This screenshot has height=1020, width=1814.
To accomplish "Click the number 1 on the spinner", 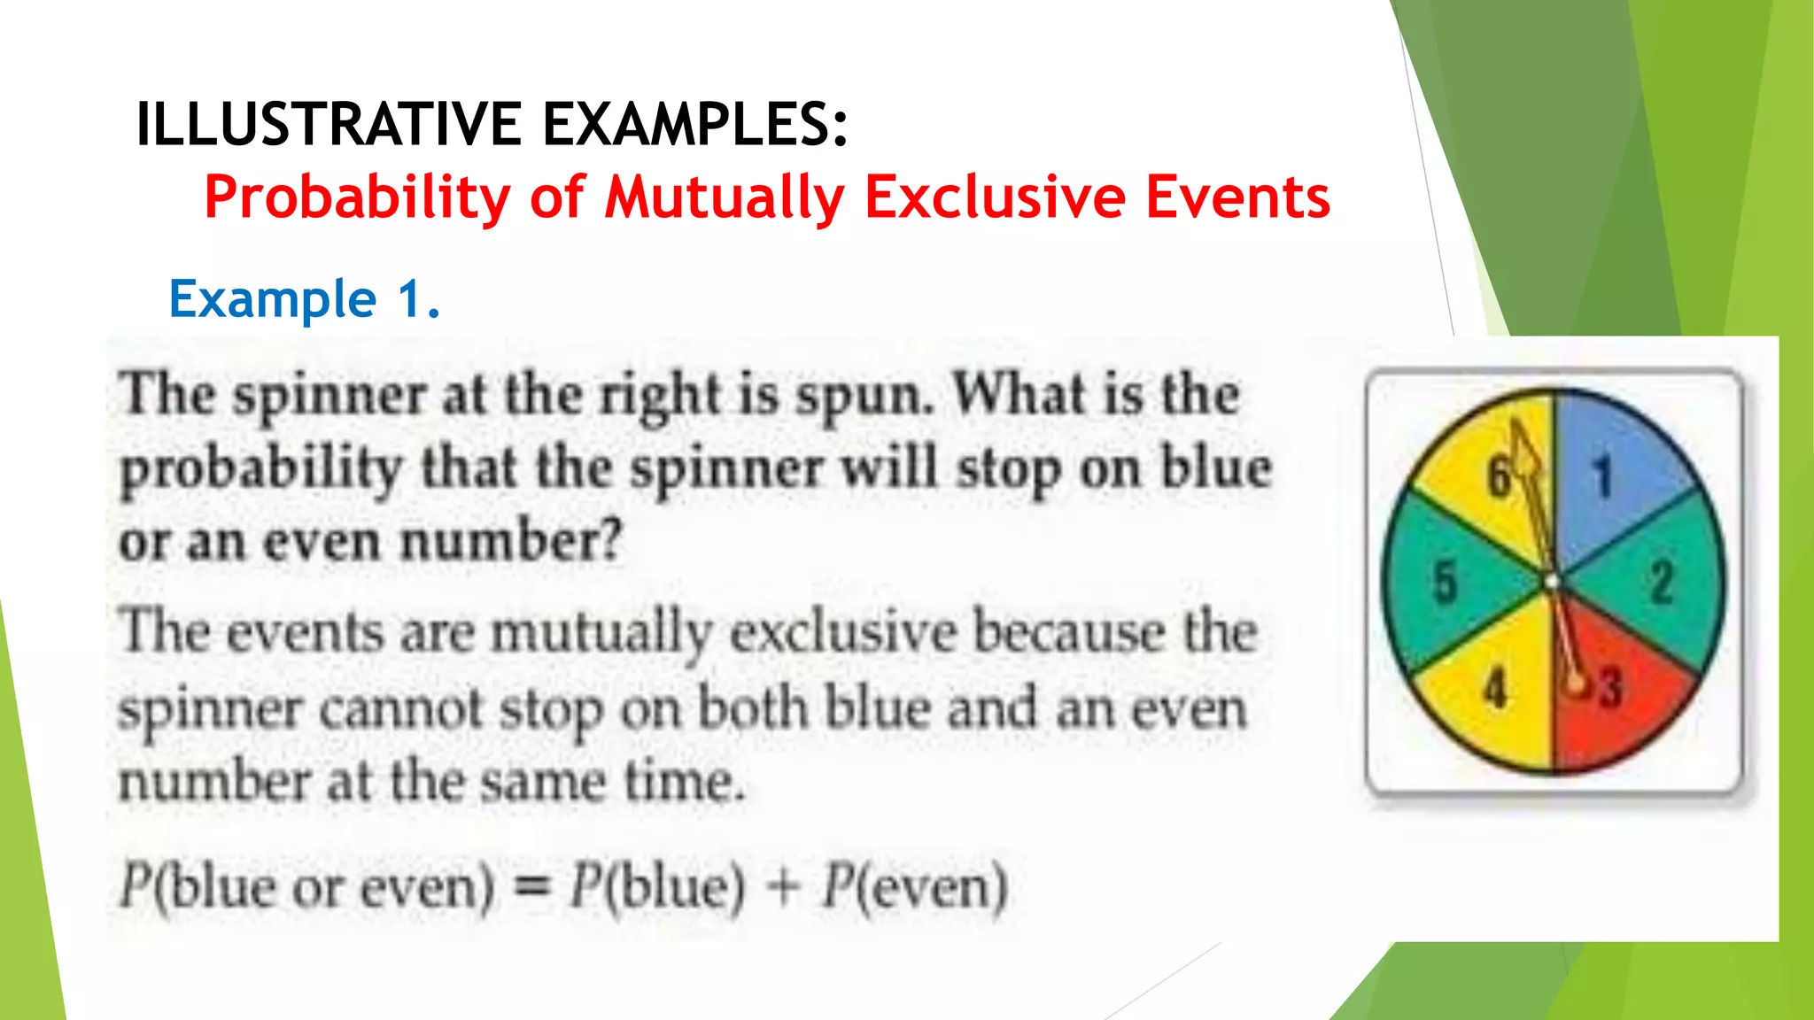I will click(x=1602, y=476).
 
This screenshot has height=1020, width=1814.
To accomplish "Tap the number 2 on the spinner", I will click(x=1662, y=582).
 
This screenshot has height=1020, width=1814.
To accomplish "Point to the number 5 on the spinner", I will click(x=1445, y=582).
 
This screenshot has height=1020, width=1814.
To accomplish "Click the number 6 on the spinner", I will click(x=1498, y=476).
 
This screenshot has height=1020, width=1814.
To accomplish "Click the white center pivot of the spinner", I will click(x=1552, y=582).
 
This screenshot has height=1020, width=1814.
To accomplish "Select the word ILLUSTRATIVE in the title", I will click(x=329, y=124).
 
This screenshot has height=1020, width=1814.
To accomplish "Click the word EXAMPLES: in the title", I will click(x=695, y=124).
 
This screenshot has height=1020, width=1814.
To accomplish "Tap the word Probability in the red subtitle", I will click(x=357, y=197).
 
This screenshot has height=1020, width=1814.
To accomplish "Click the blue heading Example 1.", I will click(x=304, y=298).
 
